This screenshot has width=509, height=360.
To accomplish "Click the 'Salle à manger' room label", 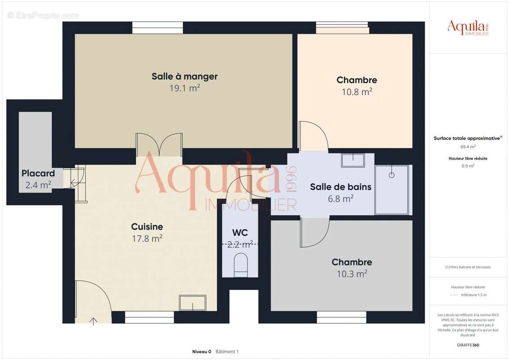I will click(x=185, y=76).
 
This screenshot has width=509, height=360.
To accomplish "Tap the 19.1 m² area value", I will click(x=185, y=88).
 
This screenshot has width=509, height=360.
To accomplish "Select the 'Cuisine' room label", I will click(x=147, y=227).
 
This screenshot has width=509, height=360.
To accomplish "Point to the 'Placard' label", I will click(x=38, y=173).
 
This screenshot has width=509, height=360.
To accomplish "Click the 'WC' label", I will click(x=240, y=233).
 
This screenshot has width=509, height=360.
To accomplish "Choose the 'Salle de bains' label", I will click(x=341, y=187).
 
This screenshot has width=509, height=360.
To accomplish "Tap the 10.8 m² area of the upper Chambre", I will click(x=356, y=92).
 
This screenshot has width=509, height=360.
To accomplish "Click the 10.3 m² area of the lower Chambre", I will click(x=351, y=274).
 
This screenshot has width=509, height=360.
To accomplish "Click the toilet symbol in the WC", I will click(x=241, y=265).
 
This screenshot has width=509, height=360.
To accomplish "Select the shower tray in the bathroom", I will click(x=392, y=190).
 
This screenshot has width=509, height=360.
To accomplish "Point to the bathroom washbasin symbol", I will click(x=353, y=160).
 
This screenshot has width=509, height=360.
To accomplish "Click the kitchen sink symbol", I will click(x=193, y=302).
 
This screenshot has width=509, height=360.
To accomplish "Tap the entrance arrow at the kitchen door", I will click(x=94, y=321).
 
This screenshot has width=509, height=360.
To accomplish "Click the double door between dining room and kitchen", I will click(x=159, y=145).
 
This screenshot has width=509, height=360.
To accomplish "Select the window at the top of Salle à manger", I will click(x=158, y=27).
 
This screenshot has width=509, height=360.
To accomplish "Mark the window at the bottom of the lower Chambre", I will click(x=342, y=317).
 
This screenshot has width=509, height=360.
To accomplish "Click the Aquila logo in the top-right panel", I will click(x=468, y=28).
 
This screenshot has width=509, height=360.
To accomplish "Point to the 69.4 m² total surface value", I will click(x=468, y=147).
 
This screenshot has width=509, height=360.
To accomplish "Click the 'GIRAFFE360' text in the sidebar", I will click(x=468, y=345).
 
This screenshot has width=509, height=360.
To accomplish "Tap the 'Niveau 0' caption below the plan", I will click(x=202, y=351).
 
